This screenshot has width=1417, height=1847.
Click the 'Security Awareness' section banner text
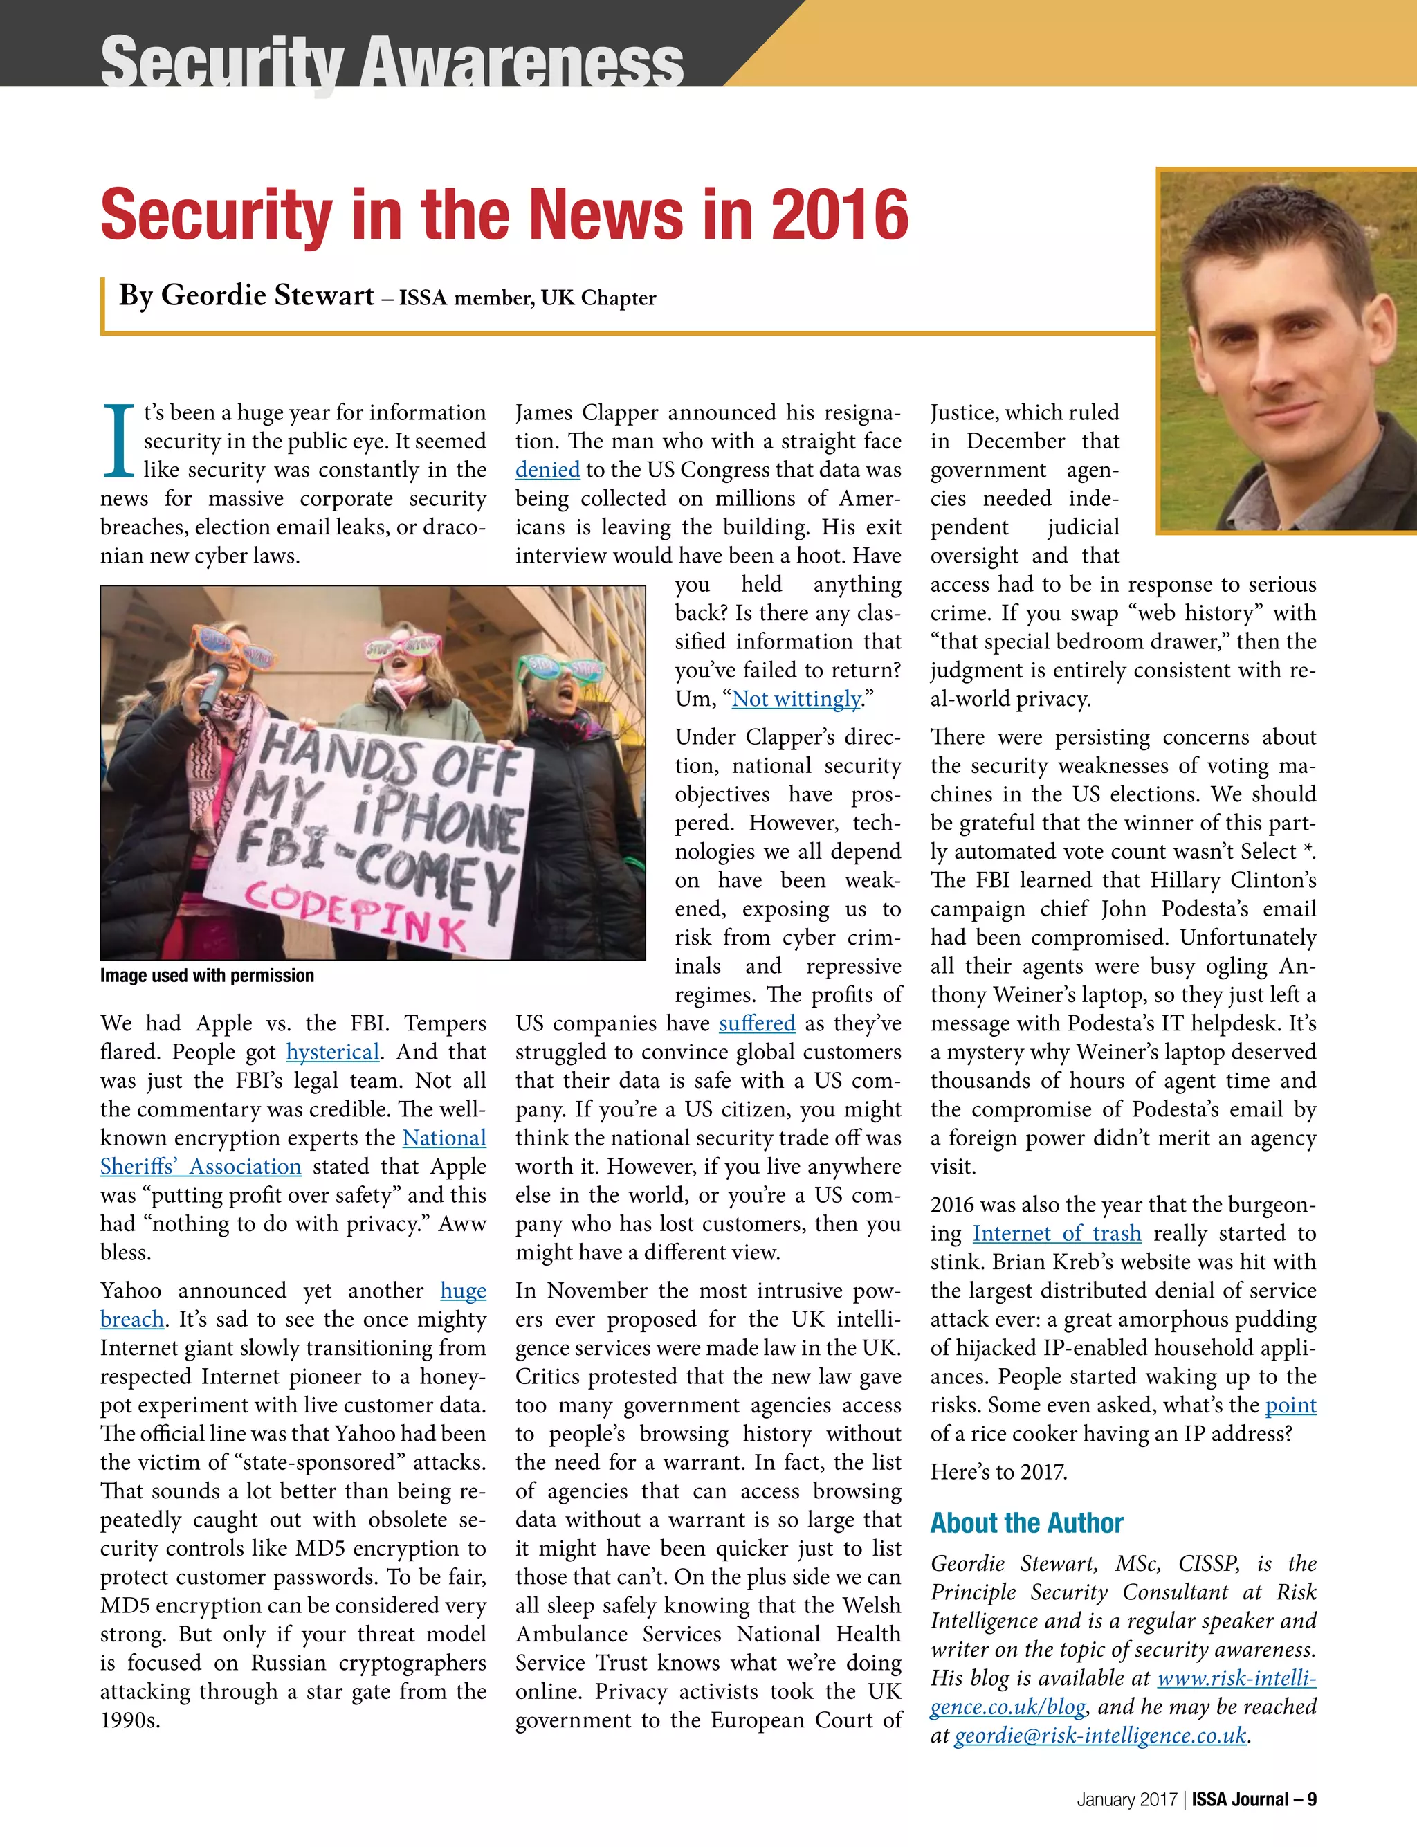click(x=392, y=61)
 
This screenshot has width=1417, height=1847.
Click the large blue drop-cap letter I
click(x=119, y=441)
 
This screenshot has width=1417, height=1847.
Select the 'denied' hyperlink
click(x=547, y=470)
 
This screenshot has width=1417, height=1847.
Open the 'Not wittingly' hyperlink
click(x=796, y=699)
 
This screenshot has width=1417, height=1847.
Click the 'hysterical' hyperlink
click(x=332, y=1053)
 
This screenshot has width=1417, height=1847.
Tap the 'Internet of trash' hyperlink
click(x=1056, y=1234)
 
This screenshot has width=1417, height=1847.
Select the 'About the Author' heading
click(x=1027, y=1523)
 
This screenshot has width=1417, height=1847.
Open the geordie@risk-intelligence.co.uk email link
click(x=1100, y=1736)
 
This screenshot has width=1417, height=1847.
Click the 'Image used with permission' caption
click(x=207, y=976)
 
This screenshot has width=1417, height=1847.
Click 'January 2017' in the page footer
click(x=1126, y=1800)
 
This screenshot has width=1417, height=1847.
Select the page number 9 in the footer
click(x=1312, y=1800)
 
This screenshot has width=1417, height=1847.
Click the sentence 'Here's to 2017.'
click(x=998, y=1473)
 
